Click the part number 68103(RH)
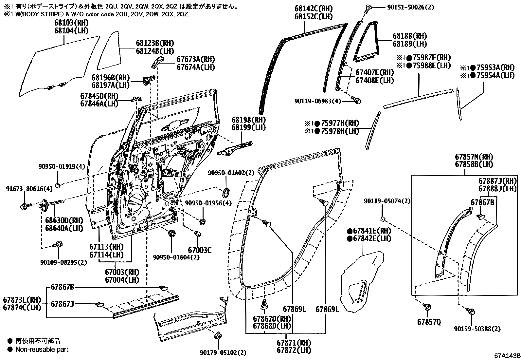point(71,23)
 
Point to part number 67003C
point(200,251)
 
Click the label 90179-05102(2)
point(223,353)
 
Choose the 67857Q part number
point(429,322)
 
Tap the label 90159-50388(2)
point(477,329)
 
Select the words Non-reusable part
point(42,350)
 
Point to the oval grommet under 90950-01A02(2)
point(226,192)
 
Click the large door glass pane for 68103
point(59,69)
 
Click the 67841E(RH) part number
point(369,231)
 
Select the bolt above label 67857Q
point(427,307)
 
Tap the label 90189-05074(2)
point(387,201)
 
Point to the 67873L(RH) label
point(22,300)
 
